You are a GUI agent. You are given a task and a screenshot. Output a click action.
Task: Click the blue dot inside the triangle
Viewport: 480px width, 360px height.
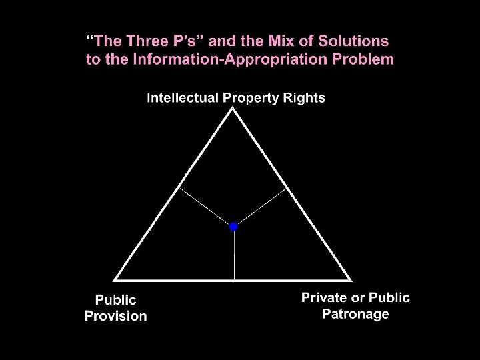(233, 227)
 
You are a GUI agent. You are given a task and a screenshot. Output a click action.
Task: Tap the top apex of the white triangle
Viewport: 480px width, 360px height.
(233, 110)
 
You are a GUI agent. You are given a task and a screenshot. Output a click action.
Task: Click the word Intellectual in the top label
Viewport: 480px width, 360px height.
(183, 98)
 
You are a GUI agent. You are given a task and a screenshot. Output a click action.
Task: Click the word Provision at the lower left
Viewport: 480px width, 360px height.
(115, 316)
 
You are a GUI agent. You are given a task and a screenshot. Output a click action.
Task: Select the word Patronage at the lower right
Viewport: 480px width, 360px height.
(355, 314)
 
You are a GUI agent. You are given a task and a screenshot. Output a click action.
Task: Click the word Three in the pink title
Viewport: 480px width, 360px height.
(141, 41)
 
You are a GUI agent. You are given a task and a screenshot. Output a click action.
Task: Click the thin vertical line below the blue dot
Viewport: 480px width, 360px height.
(234, 257)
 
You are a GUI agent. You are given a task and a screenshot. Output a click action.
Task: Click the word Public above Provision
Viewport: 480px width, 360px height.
(115, 301)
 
